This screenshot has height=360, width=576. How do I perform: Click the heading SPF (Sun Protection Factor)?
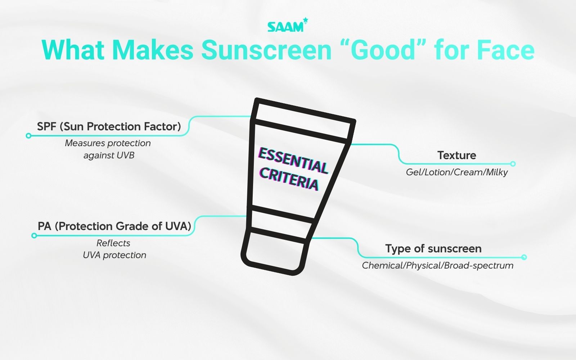(109, 126)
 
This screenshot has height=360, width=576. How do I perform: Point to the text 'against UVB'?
(109, 156)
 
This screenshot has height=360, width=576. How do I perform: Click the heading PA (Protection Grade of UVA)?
(114, 226)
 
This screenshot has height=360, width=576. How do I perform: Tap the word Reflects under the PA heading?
(113, 243)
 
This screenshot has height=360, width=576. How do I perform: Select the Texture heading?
(456, 155)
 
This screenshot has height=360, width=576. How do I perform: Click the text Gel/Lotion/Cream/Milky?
(456, 172)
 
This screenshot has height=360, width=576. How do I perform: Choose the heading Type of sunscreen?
(433, 248)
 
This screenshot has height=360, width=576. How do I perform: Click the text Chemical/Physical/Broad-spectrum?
(437, 266)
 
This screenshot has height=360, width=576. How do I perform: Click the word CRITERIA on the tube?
(289, 179)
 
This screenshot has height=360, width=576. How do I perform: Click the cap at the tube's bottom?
(275, 250)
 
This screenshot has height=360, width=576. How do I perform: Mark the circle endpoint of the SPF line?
(28, 136)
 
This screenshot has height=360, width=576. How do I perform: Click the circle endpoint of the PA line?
(34, 235)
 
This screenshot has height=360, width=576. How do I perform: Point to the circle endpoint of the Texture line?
(513, 164)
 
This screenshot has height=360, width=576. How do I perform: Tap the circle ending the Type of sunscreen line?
(524, 257)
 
